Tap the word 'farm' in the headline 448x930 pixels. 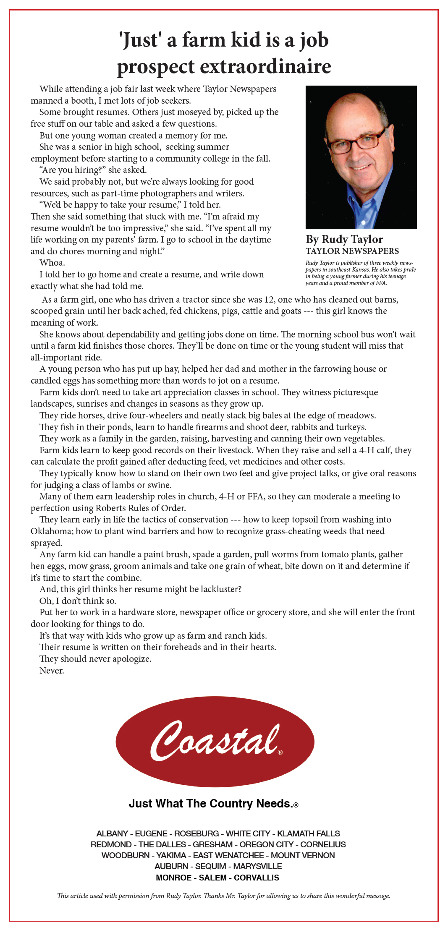pyautogui.click(x=204, y=40)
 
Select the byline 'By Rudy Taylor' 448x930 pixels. pyautogui.click(x=344, y=239)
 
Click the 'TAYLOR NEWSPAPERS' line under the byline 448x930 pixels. pyautogui.click(x=352, y=251)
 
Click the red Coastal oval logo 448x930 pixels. pyautogui.click(x=215, y=741)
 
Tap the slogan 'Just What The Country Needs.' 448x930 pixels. pyautogui.click(x=213, y=803)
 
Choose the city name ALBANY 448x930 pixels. pyautogui.click(x=112, y=833)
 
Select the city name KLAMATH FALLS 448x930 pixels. pyautogui.click(x=309, y=833)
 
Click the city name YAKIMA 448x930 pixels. pyautogui.click(x=171, y=855)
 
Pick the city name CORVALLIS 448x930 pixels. pyautogui.click(x=257, y=878)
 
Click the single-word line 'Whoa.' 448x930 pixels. pyautogui.click(x=52, y=263)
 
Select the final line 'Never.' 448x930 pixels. pyautogui.click(x=52, y=670)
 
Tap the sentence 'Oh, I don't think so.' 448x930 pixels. pyautogui.click(x=78, y=601)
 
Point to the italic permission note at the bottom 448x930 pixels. pyautogui.click(x=224, y=896)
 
